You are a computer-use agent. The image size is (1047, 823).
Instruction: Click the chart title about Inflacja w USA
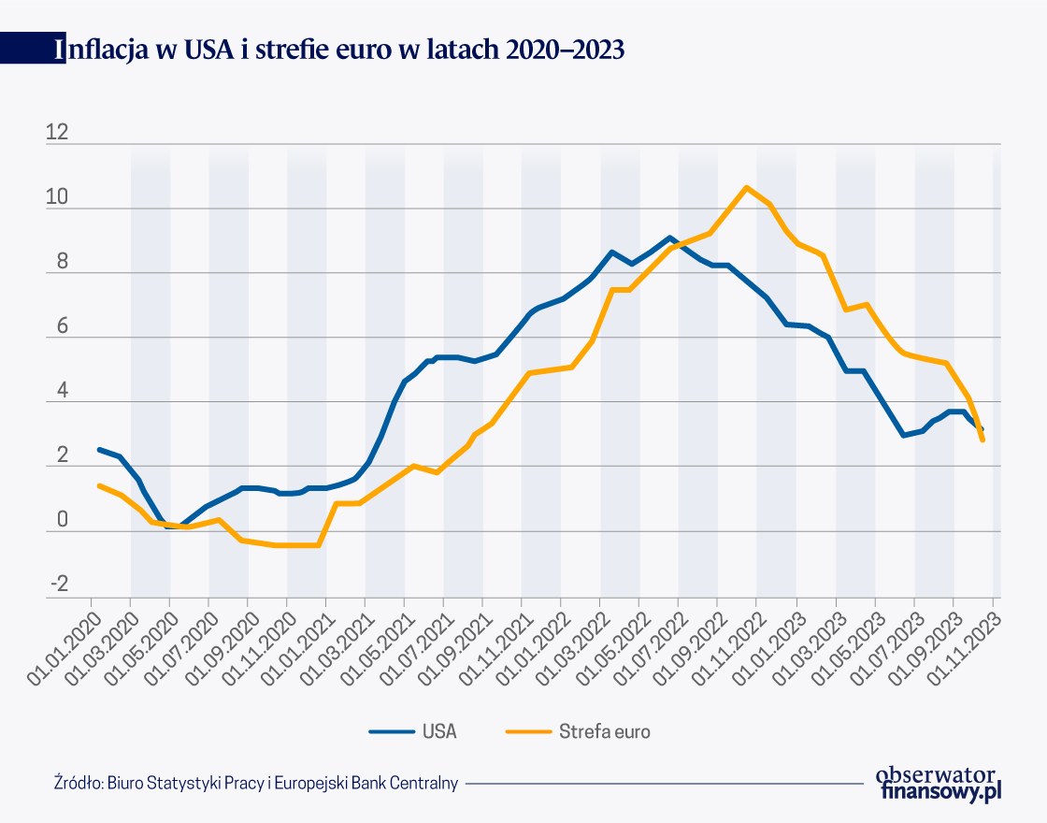coord(340,50)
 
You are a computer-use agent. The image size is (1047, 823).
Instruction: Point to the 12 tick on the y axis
coord(57,133)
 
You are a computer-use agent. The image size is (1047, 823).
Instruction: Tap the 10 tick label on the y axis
coord(57,198)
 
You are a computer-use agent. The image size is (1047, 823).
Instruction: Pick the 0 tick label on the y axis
coord(62,521)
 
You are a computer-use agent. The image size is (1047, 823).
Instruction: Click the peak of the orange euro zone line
coord(745,188)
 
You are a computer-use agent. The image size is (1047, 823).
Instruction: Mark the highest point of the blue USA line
coord(669,238)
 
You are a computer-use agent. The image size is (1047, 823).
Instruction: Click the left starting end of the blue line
coord(99,450)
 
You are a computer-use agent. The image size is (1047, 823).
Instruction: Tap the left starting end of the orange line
coord(99,485)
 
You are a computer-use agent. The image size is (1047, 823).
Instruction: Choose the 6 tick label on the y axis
coord(62,327)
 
